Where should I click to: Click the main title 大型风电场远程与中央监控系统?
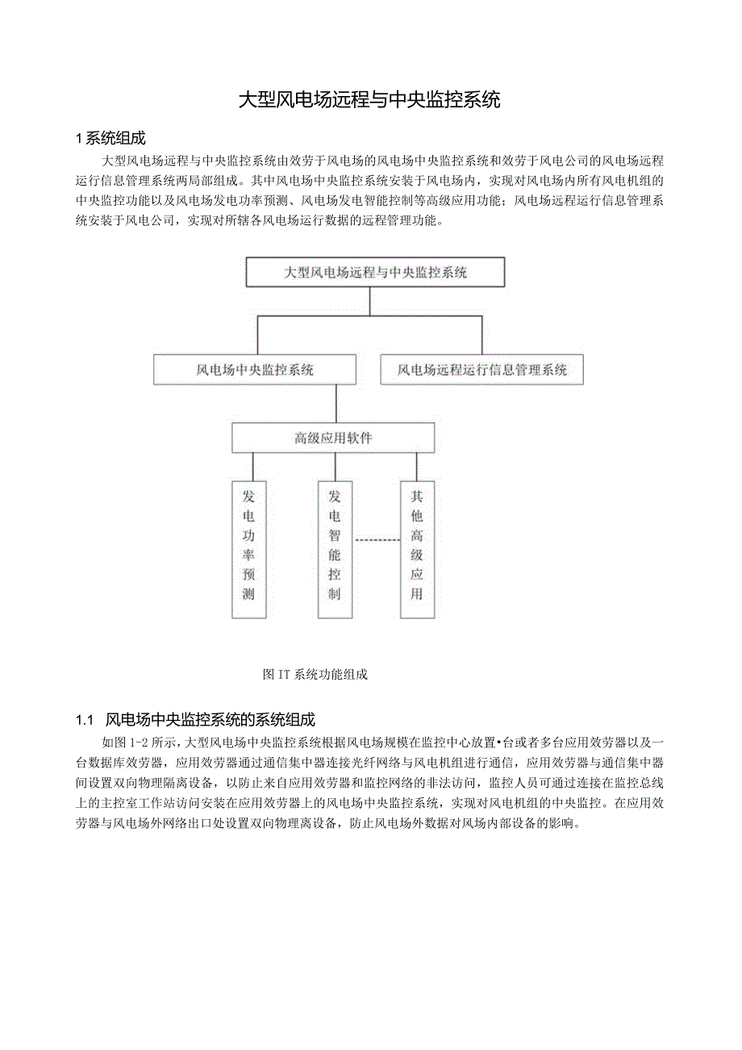[370, 100]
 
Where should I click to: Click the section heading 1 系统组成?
[110, 138]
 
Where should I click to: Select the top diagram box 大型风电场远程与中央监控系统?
[375, 272]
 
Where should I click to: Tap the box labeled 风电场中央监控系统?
[255, 370]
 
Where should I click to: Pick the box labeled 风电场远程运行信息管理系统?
[481, 370]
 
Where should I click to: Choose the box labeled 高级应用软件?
[333, 438]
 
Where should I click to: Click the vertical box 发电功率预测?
[248, 550]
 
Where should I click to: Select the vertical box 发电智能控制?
[335, 550]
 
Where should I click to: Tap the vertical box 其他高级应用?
[417, 550]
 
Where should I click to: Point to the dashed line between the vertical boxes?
[377, 539]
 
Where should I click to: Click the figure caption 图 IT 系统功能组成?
[315, 675]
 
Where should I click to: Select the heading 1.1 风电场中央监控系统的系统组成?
[195, 719]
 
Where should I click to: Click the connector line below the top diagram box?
[369, 300]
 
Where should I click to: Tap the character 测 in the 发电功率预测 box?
[248, 595]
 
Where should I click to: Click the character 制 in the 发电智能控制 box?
[335, 595]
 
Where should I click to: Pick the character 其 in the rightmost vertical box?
[417, 496]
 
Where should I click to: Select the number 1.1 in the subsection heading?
[85, 719]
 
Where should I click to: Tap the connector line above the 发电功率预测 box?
[253, 466]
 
